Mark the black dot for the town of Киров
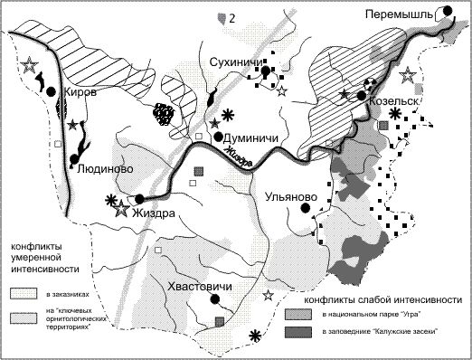53,92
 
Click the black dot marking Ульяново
307,209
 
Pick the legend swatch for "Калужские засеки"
297,334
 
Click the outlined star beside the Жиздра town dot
123,209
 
